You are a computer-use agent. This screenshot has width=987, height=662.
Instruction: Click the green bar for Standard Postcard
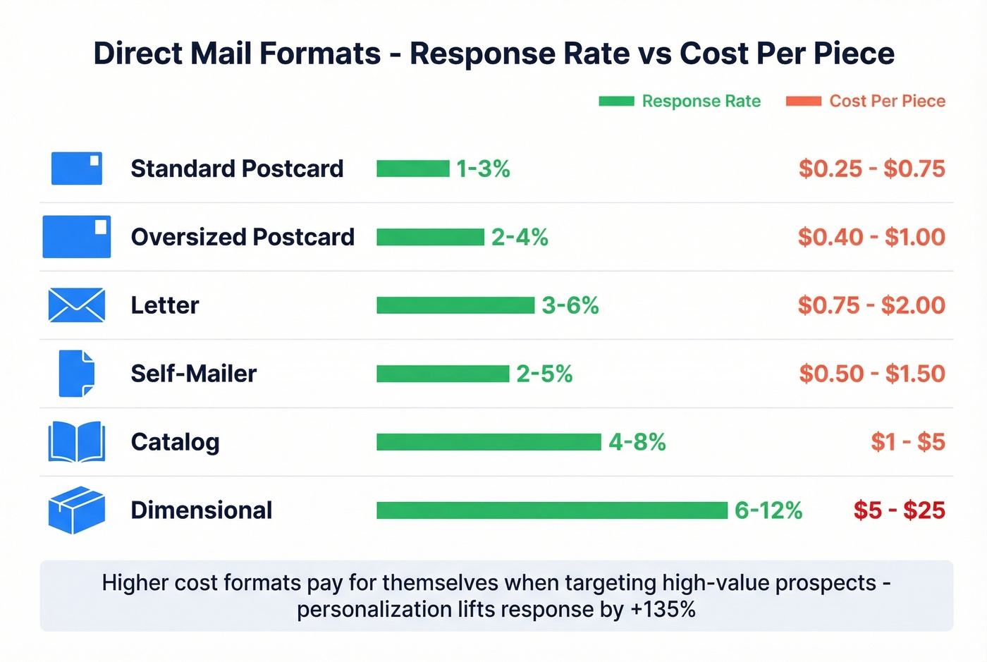pyautogui.click(x=412, y=168)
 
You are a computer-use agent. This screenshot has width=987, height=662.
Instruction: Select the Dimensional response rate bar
pyautogui.click(x=551, y=510)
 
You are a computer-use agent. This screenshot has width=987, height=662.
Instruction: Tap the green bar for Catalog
pyautogui.click(x=489, y=442)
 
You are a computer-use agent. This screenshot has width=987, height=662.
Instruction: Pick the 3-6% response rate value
pyautogui.click(x=570, y=305)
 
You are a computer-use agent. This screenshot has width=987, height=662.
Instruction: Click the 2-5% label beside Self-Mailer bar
pyautogui.click(x=544, y=374)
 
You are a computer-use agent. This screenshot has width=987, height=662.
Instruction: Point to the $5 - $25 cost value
pyautogui.click(x=899, y=510)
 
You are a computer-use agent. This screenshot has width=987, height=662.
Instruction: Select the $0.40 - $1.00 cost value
pyautogui.click(x=871, y=237)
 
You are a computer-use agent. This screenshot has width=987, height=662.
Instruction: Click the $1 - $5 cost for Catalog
pyautogui.click(x=907, y=442)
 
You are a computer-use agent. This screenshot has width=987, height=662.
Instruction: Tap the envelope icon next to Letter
pyautogui.click(x=76, y=305)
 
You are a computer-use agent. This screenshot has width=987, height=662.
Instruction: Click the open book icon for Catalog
pyautogui.click(x=76, y=442)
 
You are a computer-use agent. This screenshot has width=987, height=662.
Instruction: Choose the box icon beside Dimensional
pyautogui.click(x=76, y=510)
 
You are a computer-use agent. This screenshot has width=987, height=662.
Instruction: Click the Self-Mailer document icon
pyautogui.click(x=76, y=374)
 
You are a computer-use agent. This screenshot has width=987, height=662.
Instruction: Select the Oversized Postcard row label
pyautogui.click(x=243, y=237)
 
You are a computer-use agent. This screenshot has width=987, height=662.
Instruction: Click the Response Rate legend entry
pyautogui.click(x=701, y=101)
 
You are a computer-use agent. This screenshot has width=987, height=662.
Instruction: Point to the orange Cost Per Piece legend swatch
pyautogui.click(x=804, y=101)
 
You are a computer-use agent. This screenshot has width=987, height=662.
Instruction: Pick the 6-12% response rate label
pyautogui.click(x=768, y=510)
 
